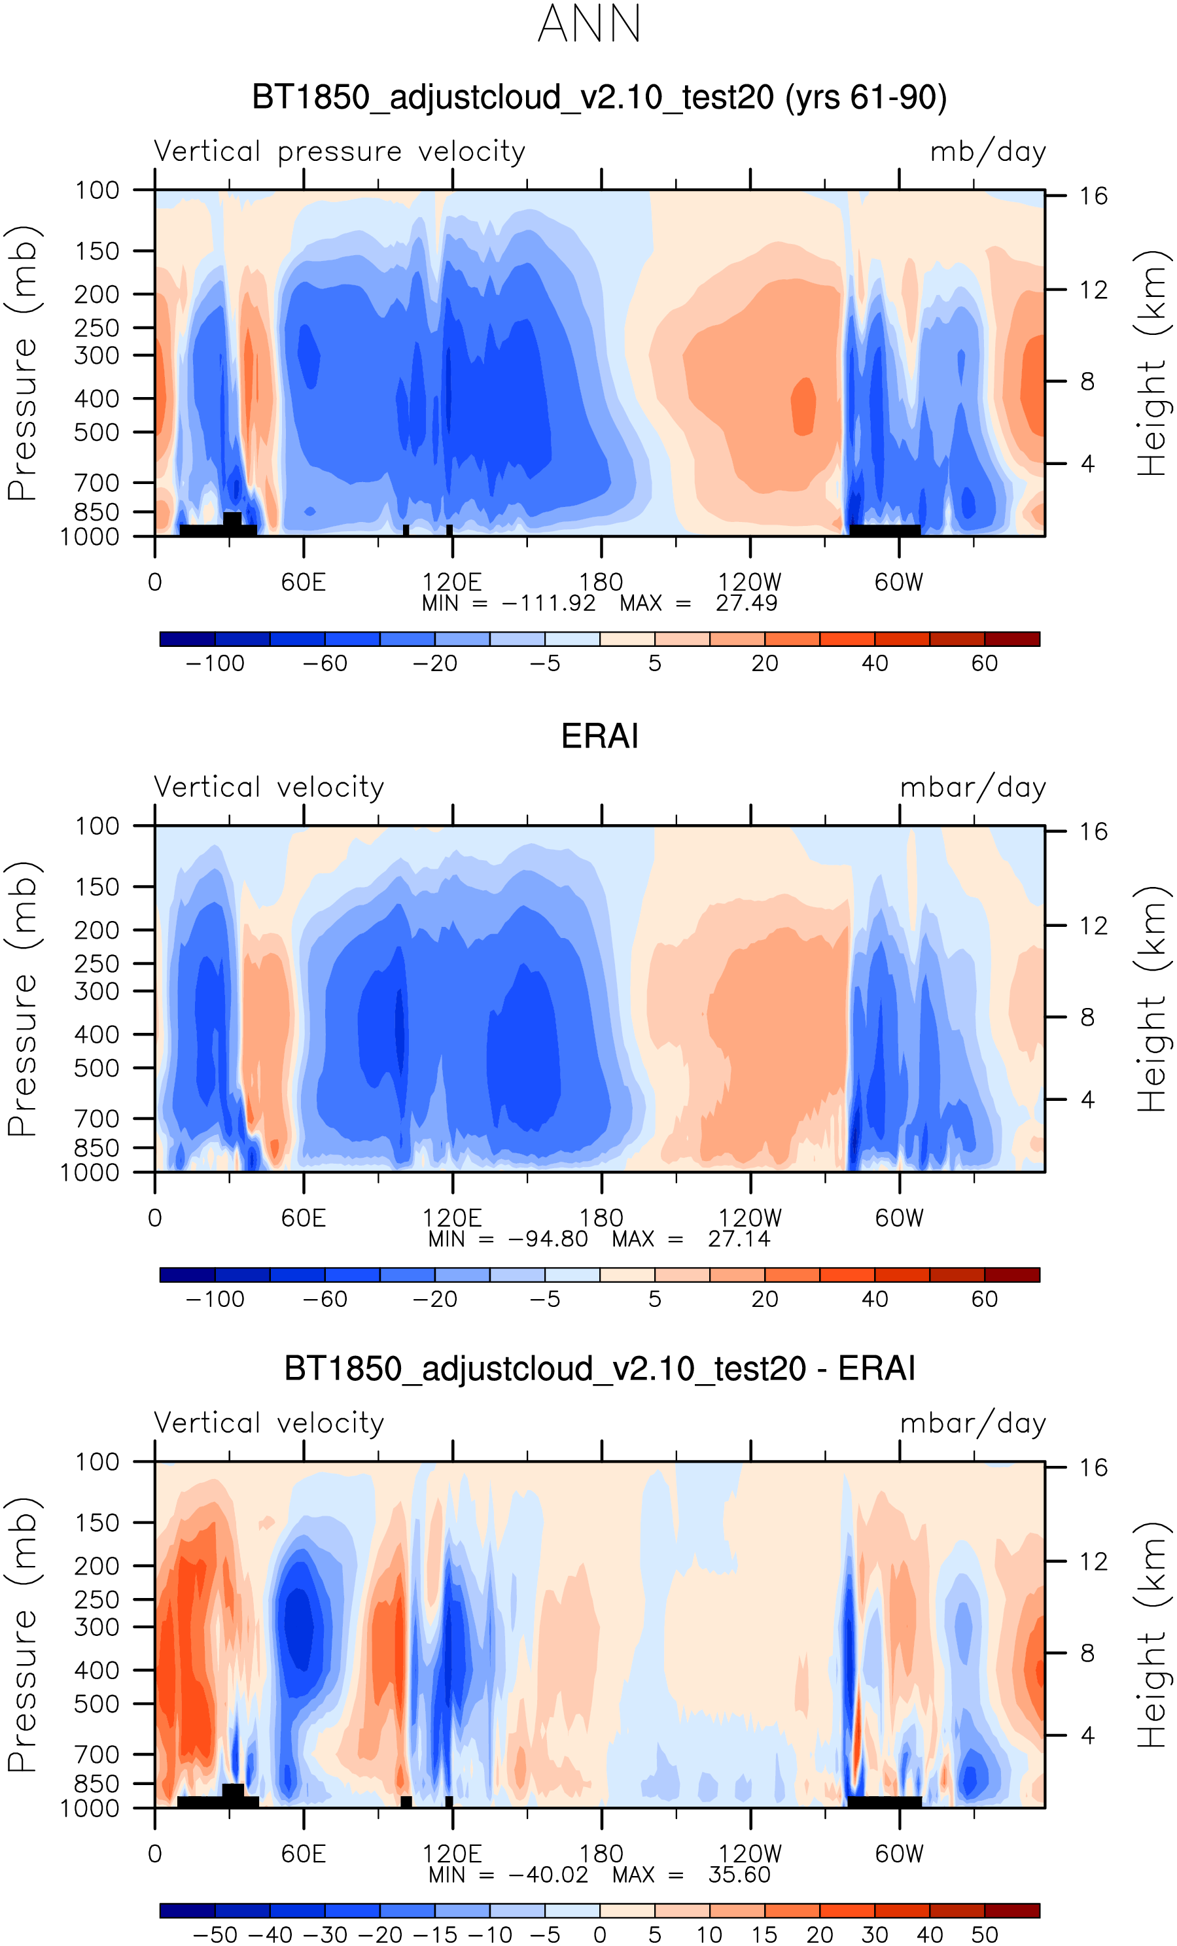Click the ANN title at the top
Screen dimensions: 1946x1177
589,24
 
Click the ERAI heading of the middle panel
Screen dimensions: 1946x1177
599,736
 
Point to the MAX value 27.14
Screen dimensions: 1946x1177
739,1238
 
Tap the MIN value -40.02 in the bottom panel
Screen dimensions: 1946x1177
548,1874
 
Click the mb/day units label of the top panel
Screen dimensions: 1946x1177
988,151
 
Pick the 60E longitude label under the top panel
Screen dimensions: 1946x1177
304,582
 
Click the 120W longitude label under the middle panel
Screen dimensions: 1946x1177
750,1218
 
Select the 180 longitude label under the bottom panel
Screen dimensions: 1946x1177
601,1854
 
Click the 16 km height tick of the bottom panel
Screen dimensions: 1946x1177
1093,1467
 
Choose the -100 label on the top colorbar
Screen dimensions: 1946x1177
215,663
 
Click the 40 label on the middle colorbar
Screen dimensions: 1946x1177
875,1299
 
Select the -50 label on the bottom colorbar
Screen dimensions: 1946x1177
215,1934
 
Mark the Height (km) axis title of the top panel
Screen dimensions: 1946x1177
1151,363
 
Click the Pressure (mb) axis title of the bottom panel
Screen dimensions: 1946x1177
22,1635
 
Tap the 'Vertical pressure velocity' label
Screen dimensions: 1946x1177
340,151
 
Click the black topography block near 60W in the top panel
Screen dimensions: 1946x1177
885,530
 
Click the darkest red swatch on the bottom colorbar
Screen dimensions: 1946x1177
1012,1911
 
